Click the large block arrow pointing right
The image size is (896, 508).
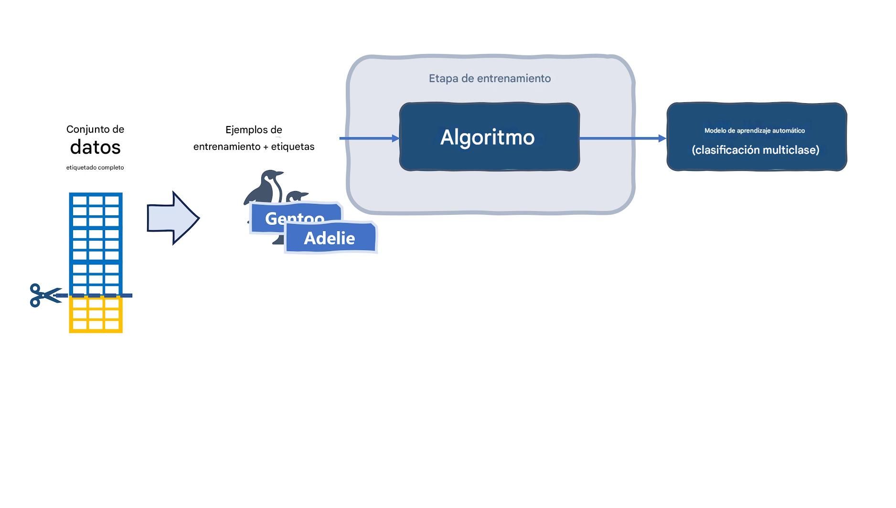(x=172, y=218)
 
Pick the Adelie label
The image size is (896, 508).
(x=330, y=238)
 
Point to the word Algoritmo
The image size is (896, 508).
(x=487, y=138)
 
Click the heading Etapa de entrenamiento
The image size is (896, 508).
(x=490, y=78)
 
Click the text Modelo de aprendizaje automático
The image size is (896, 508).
(x=755, y=130)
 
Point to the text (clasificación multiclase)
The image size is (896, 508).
(x=755, y=150)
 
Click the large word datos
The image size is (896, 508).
(x=95, y=148)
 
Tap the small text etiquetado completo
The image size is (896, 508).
(x=95, y=168)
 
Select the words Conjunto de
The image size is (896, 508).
(x=95, y=129)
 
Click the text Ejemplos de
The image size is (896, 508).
(x=254, y=130)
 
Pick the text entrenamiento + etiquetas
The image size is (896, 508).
(x=254, y=147)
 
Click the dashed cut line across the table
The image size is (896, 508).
(x=96, y=296)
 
